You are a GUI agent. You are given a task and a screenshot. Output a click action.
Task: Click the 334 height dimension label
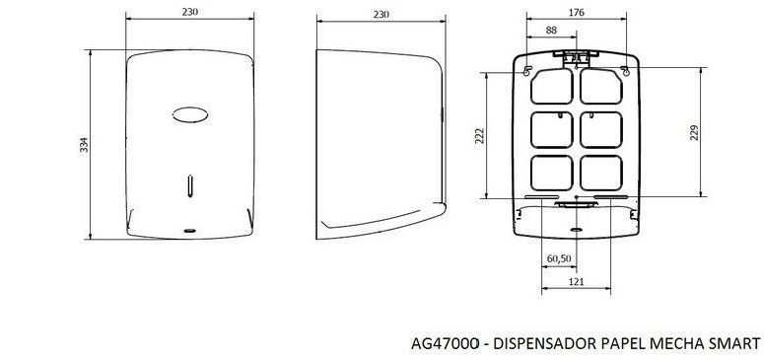pyautogui.click(x=85, y=145)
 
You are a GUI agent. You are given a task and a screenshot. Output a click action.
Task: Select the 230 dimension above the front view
pyautogui.click(x=190, y=12)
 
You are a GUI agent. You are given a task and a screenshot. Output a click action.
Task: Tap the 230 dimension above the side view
pyautogui.click(x=382, y=15)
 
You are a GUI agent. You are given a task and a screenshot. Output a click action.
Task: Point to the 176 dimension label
pyautogui.click(x=577, y=13)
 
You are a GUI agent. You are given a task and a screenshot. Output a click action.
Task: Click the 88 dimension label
pyautogui.click(x=551, y=31)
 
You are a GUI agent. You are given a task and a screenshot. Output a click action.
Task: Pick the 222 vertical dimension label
pyautogui.click(x=479, y=136)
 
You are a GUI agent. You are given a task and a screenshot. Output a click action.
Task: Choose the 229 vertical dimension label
pyautogui.click(x=694, y=133)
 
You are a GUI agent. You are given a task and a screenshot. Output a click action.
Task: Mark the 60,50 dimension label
pyautogui.click(x=559, y=258)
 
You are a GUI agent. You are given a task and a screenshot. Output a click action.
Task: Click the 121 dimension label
pyautogui.click(x=577, y=281)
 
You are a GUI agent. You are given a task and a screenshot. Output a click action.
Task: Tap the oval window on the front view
pyautogui.click(x=190, y=114)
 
